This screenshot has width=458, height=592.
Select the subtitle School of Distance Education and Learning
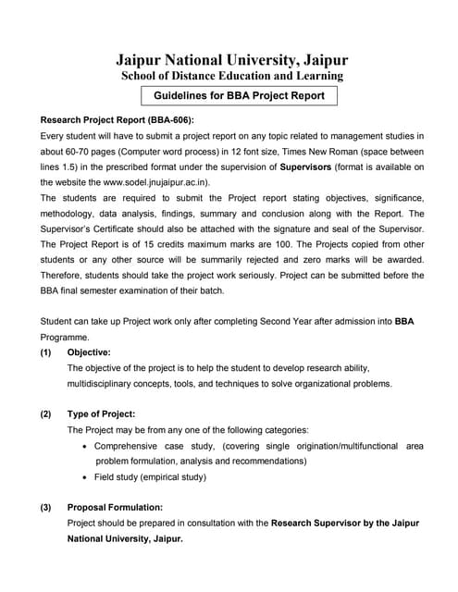(232, 76)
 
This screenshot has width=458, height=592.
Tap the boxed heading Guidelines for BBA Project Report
(239, 95)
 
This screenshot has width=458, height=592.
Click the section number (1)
(46, 352)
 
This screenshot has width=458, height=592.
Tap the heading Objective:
(90, 352)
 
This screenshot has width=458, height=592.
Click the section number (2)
(46, 414)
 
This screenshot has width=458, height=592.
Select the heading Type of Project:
(102, 414)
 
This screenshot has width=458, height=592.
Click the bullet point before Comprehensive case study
(85, 446)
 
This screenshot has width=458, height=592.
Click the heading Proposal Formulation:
(116, 508)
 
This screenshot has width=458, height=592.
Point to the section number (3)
(46, 508)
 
